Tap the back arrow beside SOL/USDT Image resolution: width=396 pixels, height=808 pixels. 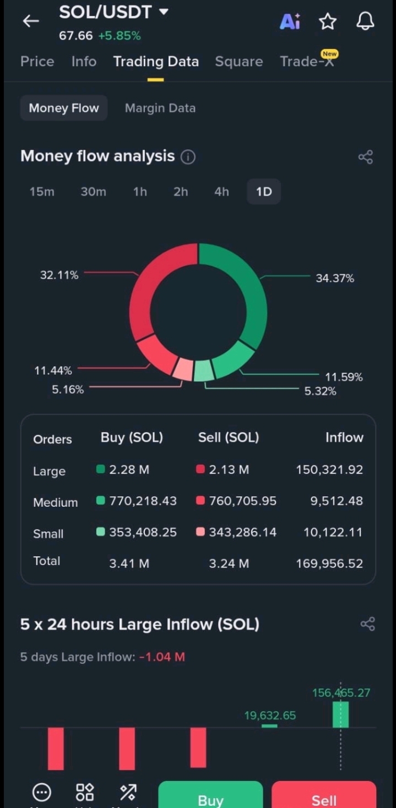31,21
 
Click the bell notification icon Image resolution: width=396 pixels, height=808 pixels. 365,21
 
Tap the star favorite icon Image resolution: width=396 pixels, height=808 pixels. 328,21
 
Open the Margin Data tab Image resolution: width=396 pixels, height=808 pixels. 160,108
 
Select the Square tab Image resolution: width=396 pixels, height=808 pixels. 238,62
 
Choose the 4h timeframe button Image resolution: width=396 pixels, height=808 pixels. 221,192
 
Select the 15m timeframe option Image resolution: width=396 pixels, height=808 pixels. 42,192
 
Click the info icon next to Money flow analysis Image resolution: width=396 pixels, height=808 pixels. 188,157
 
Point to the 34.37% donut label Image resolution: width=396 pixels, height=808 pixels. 335,278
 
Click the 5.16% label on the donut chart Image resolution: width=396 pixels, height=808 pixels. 68,389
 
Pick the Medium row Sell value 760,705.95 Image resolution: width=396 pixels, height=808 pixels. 243,501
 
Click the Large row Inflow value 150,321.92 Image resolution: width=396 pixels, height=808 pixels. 329,470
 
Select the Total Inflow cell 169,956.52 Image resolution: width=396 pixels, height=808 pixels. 329,563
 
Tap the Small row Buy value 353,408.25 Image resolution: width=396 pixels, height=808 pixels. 143,532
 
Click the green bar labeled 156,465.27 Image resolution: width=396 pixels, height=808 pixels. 340,714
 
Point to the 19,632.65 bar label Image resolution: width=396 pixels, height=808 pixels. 270,715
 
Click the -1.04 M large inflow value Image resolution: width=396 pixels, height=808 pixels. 162,657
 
